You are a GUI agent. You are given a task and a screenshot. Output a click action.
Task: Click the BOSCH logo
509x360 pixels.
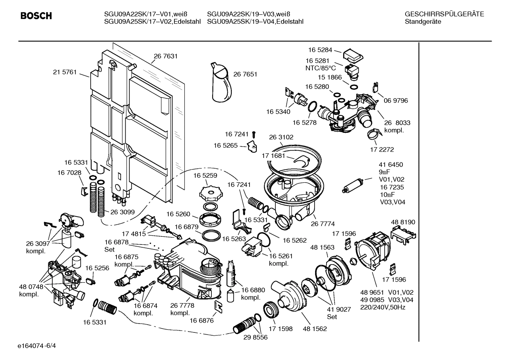pyautogui.click(x=36, y=16)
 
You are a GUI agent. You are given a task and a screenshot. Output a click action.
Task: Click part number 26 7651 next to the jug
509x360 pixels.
pyautogui.click(x=245, y=74)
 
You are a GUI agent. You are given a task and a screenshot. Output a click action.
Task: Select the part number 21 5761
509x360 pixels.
pyautogui.click(x=65, y=72)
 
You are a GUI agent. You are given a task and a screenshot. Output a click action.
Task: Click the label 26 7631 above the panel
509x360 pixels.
pyautogui.click(x=165, y=56)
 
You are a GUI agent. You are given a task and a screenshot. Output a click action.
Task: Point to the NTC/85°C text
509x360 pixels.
pyautogui.click(x=321, y=68)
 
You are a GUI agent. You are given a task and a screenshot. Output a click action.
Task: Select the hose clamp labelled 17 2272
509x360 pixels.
pyautogui.click(x=374, y=134)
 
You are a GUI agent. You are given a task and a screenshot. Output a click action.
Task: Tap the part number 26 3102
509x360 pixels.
pyautogui.click(x=281, y=137)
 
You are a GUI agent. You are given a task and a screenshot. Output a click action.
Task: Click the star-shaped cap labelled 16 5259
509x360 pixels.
pyautogui.click(x=210, y=192)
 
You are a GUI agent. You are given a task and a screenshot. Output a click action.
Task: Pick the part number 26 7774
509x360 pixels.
pyautogui.click(x=322, y=224)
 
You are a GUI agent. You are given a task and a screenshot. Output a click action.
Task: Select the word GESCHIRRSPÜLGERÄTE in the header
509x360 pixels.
pyautogui.click(x=444, y=14)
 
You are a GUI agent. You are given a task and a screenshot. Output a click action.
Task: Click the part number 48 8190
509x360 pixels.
pyautogui.click(x=403, y=222)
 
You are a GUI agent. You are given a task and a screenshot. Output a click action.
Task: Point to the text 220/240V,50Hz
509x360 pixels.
pyautogui.click(x=382, y=307)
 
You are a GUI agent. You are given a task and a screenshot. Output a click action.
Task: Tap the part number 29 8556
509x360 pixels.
pyautogui.click(x=255, y=337)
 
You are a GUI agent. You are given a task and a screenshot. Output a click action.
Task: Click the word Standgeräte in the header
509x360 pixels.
pyautogui.click(x=423, y=22)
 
